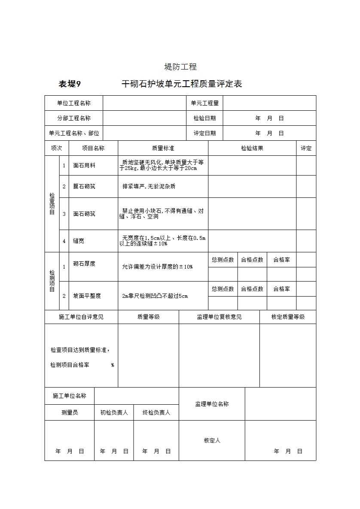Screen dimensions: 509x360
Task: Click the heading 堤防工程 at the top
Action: tap(180, 67)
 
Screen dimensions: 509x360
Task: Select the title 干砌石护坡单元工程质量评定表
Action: tap(182, 84)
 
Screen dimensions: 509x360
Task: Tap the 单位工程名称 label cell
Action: tap(74, 103)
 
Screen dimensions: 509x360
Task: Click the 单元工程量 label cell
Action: tap(205, 103)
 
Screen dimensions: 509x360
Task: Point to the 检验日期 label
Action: tap(205, 118)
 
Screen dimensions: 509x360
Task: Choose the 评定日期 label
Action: tap(205, 133)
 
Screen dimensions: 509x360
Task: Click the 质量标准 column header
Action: tap(163, 148)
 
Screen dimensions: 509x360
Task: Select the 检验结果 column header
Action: tap(252, 148)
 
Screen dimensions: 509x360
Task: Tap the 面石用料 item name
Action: tap(84, 165)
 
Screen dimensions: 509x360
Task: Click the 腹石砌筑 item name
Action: tap(84, 186)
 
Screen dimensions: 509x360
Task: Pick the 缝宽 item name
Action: tap(79, 241)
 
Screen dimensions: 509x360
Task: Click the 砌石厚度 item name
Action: tap(84, 264)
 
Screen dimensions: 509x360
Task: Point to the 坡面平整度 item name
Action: tap(87, 296)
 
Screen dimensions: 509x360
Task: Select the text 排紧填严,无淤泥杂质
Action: tap(149, 186)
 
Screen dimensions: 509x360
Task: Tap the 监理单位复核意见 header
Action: tap(219, 317)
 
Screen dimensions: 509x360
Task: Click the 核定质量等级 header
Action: tap(288, 317)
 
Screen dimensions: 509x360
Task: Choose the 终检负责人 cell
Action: tap(156, 412)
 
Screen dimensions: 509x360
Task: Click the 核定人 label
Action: tap(212, 440)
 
